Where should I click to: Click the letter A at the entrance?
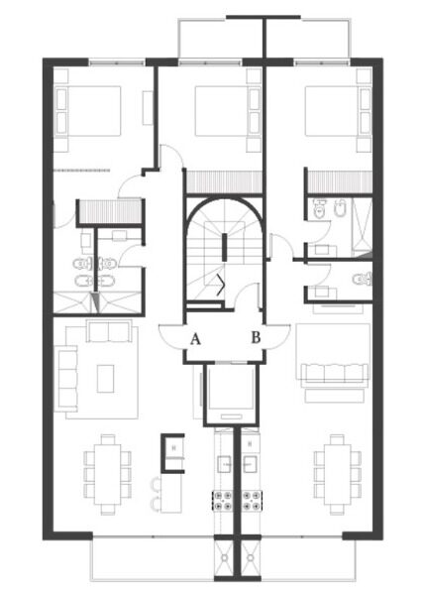pyautogui.click(x=195, y=338)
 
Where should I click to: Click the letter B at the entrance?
pyautogui.click(x=257, y=337)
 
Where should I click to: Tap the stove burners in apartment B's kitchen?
pyautogui.click(x=252, y=500)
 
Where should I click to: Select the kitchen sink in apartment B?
pyautogui.click(x=251, y=464)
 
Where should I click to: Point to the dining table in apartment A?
pyautogui.click(x=108, y=474)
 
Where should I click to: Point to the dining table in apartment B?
pyautogui.click(x=338, y=474)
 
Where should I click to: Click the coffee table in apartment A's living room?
pyautogui.click(x=105, y=379)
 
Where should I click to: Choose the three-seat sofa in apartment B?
pyautogui.click(x=335, y=374)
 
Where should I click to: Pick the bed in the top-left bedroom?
pyautogui.click(x=88, y=111)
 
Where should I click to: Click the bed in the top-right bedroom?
pyautogui.click(x=338, y=111)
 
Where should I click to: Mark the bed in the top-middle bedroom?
pyautogui.click(x=228, y=111)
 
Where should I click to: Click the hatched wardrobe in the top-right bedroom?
pyautogui.click(x=340, y=181)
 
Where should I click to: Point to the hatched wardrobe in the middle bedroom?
pyautogui.click(x=225, y=181)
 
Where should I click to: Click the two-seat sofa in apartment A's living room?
pyautogui.click(x=109, y=331)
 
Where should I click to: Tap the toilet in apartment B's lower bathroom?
pyautogui.click(x=363, y=280)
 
